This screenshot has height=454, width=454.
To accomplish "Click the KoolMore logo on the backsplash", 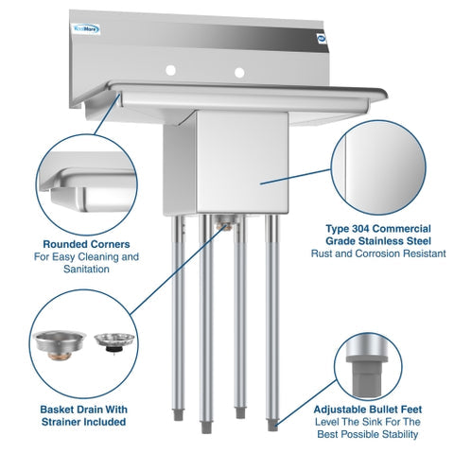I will pos(88,29).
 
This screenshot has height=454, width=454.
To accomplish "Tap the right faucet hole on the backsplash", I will pos(240,72).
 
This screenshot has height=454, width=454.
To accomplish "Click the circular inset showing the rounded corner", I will pos(83,182).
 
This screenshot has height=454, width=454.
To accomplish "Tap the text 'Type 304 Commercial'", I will pos(364,229).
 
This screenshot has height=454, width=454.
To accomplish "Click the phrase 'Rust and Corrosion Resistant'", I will pos(364,254).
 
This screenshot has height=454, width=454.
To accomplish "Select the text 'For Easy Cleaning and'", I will pos(85,256).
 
